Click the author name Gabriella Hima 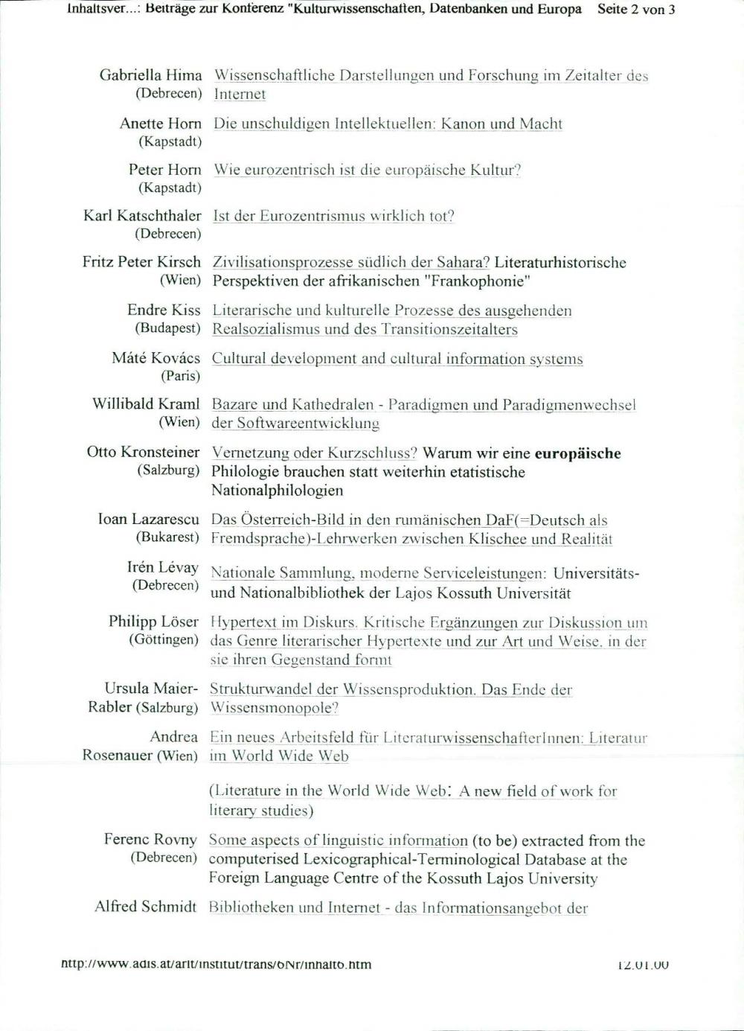click(150, 75)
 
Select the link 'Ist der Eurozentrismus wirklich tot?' click(333, 216)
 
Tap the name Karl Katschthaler click(142, 216)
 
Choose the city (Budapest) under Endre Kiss click(167, 328)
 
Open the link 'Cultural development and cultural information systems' click(397, 359)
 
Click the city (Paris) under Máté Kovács click(180, 376)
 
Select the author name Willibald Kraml click(146, 404)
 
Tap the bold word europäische click(578, 453)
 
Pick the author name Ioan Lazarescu click(148, 519)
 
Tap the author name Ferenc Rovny click(150, 840)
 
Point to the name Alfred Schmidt click(145, 907)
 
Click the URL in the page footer click(216, 965)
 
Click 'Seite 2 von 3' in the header click(636, 10)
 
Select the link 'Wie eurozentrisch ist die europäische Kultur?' click(367, 170)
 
